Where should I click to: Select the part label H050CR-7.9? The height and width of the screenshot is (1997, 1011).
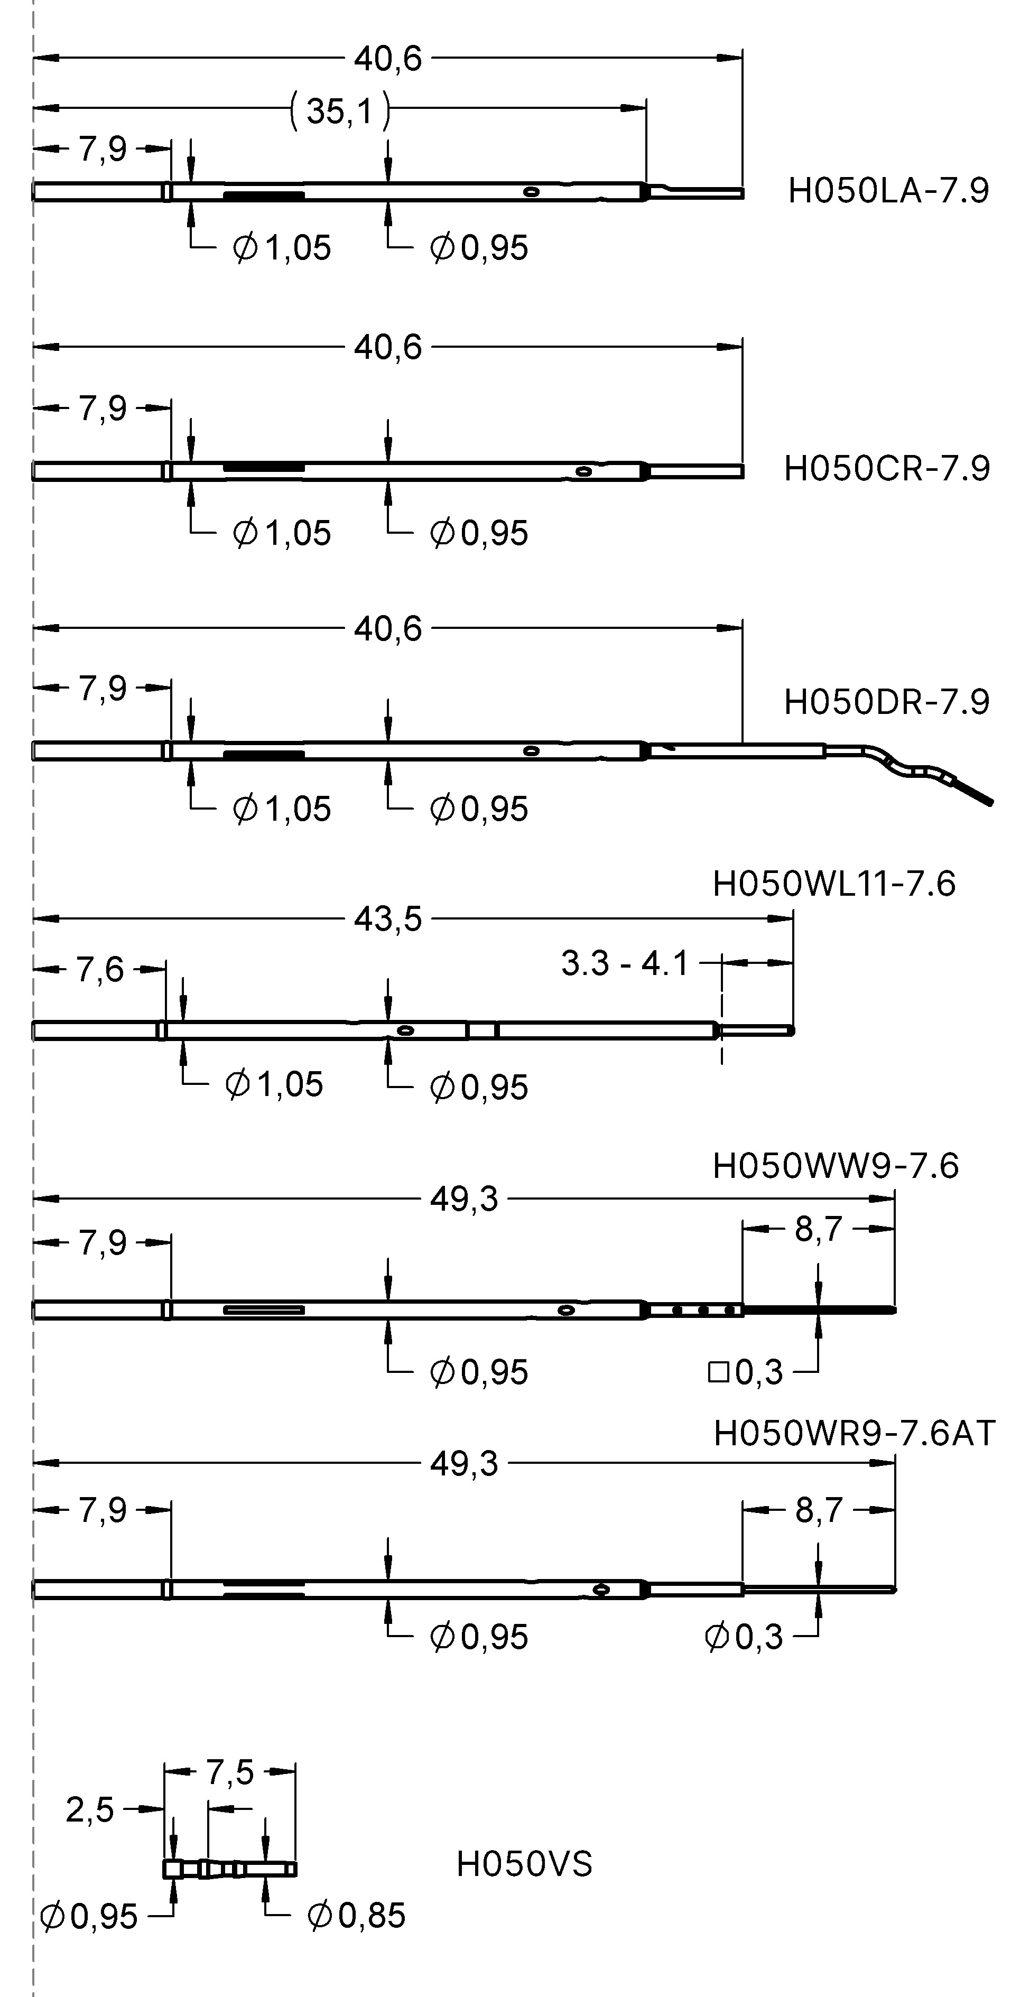point(887,469)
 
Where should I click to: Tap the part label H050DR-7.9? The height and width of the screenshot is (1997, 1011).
point(887,702)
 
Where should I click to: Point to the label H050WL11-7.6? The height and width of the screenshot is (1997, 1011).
point(833,884)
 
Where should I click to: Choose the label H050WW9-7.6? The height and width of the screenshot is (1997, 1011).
point(835,1166)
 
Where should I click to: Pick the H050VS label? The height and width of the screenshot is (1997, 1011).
point(524,1864)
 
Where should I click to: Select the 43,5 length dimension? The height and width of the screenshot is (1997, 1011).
point(388,919)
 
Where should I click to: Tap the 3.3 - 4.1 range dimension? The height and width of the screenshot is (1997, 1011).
point(625,963)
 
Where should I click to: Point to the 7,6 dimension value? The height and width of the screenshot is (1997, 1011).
point(100,970)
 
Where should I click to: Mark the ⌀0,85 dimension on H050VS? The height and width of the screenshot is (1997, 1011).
point(357,1916)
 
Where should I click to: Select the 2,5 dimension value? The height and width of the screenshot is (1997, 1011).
point(90,1810)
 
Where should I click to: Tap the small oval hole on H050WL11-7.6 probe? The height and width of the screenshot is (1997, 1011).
point(405,1030)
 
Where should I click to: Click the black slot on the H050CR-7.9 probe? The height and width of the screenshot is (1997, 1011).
point(264,468)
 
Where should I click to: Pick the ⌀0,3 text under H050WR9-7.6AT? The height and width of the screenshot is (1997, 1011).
point(744,1637)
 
